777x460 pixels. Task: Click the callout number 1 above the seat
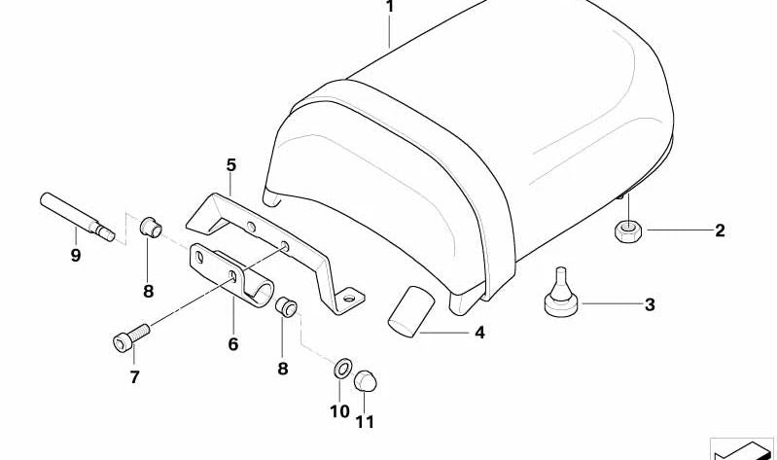(390, 8)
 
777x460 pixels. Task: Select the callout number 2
(720, 230)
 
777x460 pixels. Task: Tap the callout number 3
(650, 305)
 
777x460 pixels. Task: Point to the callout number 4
(478, 333)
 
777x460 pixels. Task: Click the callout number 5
(231, 166)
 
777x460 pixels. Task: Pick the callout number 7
(134, 376)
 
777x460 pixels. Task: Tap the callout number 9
(76, 256)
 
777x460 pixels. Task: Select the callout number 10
(338, 411)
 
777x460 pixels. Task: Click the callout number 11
(366, 421)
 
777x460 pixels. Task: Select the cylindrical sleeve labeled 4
(406, 311)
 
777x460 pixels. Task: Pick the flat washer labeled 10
(341, 371)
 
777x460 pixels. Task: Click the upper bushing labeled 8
(150, 228)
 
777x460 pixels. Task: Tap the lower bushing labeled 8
(285, 308)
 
